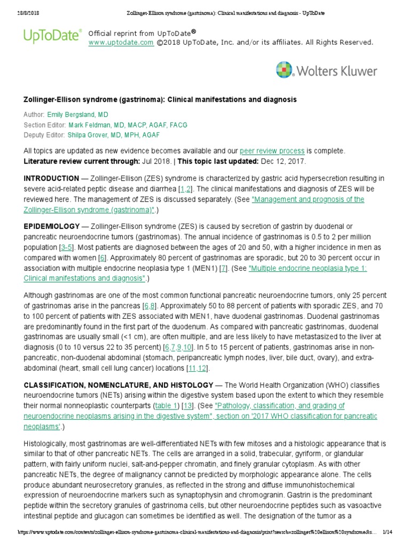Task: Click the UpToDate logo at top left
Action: click(x=52, y=35)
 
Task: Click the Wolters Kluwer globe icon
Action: click(x=285, y=70)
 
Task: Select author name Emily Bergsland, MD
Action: click(x=78, y=115)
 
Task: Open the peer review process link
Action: click(x=272, y=151)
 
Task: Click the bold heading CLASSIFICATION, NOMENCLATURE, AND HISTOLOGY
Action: click(x=117, y=385)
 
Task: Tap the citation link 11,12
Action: click(x=198, y=368)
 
